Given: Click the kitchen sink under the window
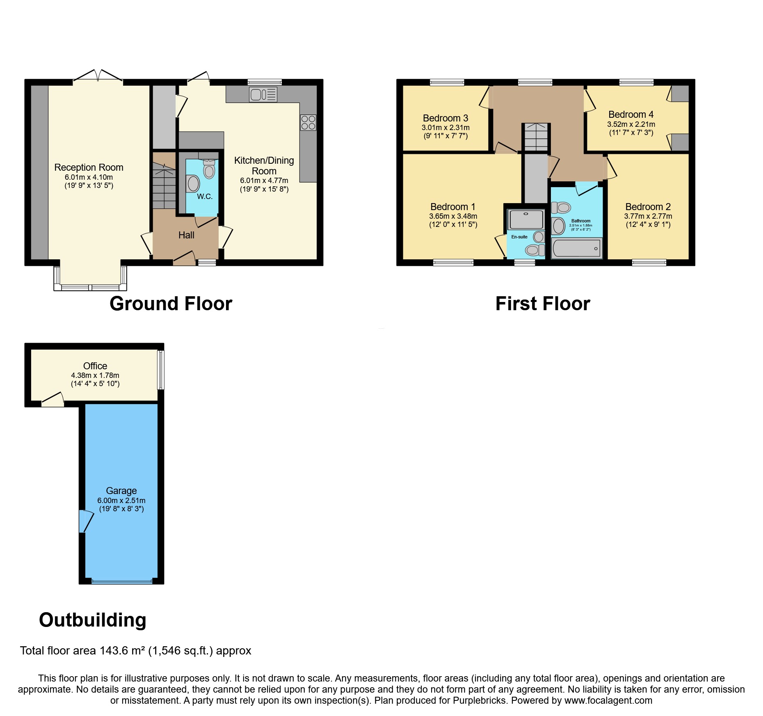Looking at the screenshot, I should coord(263,95).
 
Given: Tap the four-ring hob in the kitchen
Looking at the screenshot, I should coord(308,122).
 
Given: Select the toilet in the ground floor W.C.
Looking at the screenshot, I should coord(209,169).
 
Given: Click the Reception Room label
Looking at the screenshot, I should coord(89,167).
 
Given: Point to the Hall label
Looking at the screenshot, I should coord(186,235).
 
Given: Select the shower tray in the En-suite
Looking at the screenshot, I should coord(526,220).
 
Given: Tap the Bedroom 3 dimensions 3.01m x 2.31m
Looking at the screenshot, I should coord(445,128).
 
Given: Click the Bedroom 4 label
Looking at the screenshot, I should coord(631,114).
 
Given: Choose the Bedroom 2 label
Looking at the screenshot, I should coord(648,207).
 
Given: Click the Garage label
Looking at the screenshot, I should coord(121,491).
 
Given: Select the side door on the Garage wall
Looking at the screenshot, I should coord(85,521).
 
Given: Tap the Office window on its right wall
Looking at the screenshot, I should coord(161,369).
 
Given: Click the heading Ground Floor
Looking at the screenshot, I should coord(171,304).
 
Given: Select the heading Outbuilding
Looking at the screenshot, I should coord(92,620).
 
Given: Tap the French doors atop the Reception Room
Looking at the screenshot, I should coord(98,77).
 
